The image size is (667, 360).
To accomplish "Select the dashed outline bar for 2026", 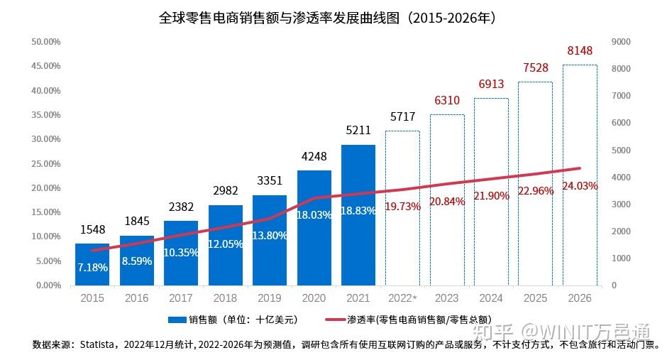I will click(580, 175).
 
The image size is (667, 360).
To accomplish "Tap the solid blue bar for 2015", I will click(92, 264).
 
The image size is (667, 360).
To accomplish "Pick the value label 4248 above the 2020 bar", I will click(314, 156).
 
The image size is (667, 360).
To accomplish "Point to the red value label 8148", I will click(580, 50).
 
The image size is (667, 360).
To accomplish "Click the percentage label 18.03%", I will click(314, 214).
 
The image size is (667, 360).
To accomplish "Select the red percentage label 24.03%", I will click(580, 186).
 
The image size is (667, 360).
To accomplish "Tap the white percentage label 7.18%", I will click(92, 268).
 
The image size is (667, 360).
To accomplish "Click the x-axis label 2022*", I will click(402, 298).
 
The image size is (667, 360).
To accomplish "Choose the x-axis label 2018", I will click(225, 298).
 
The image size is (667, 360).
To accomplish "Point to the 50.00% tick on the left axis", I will click(45, 42).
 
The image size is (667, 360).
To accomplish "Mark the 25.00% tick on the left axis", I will click(45, 164).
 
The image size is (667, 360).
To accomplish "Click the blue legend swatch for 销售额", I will click(176, 320).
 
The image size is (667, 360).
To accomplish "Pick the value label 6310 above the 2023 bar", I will click(447, 100).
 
